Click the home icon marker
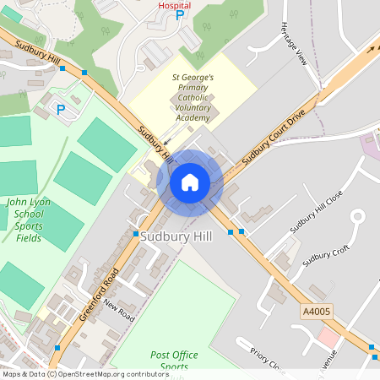coord(190,182)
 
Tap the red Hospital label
coord(175,5)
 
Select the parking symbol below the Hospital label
coord(179,18)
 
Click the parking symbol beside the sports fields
coord(60,109)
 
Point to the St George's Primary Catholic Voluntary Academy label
coord(193,97)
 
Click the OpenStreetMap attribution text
coord(73,374)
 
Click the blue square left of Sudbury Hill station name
coord(135,234)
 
